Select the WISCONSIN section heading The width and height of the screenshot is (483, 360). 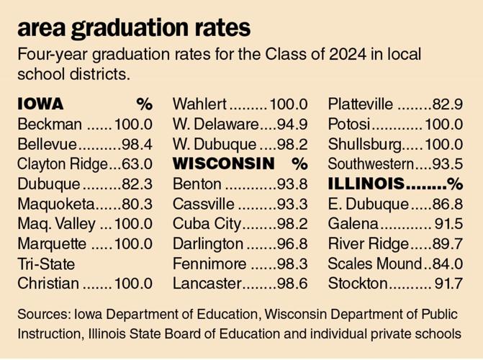point(224,163)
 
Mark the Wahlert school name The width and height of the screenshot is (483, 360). point(200,104)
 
